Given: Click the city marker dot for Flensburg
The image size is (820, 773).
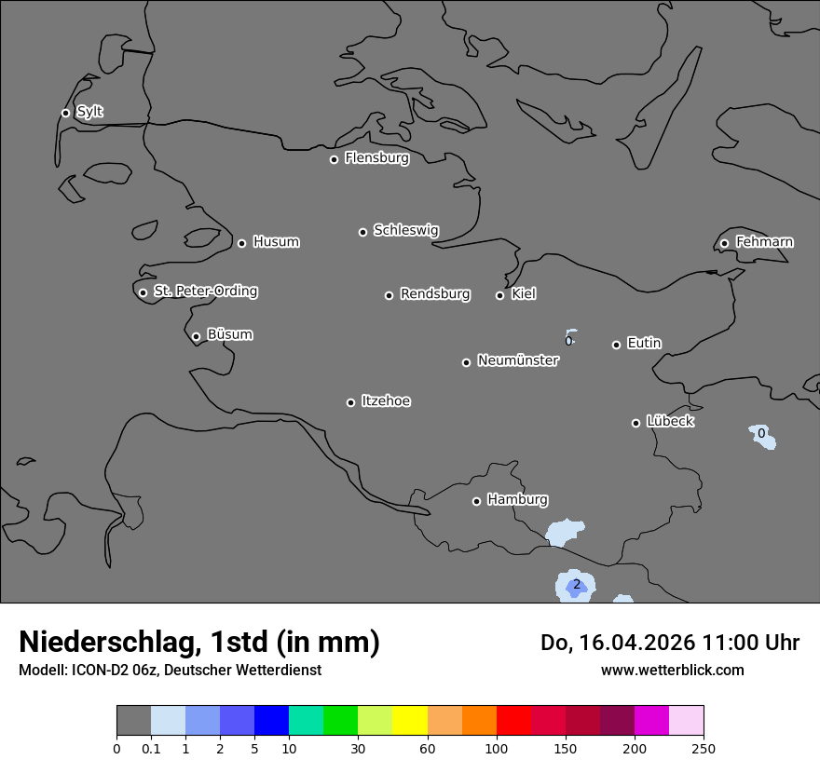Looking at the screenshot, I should [x=334, y=159].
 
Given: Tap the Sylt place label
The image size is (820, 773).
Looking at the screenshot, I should [x=89, y=112].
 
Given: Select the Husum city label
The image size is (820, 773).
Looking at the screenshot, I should [x=276, y=242].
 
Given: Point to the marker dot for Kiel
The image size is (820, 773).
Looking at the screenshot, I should [x=499, y=295].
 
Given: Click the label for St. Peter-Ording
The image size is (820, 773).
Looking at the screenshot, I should [x=206, y=292].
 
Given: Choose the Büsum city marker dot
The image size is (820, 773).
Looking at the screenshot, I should [x=196, y=337].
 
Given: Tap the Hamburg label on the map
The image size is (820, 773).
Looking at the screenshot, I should [x=517, y=500].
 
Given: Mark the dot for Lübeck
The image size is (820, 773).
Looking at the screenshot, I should [x=635, y=423].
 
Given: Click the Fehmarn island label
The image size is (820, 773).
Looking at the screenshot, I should [x=764, y=242].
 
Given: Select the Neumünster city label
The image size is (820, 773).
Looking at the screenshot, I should [x=518, y=360].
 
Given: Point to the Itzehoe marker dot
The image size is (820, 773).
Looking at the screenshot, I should [x=350, y=402].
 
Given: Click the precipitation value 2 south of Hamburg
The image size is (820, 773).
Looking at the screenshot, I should [x=576, y=585].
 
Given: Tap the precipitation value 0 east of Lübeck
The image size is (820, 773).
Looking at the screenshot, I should [x=761, y=434].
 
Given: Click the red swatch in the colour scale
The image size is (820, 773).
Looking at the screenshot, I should [x=513, y=721].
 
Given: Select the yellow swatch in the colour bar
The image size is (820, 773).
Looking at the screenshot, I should [x=410, y=721].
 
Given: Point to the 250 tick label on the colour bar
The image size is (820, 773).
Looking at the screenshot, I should [x=704, y=748].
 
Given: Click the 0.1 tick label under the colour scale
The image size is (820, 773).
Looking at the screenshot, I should [x=151, y=748].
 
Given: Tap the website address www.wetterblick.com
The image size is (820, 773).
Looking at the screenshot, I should [x=672, y=670].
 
